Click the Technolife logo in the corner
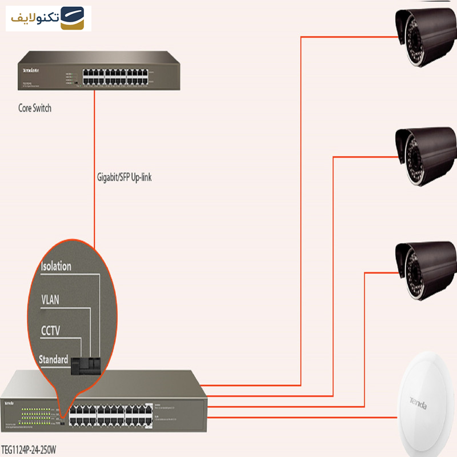tap(49, 18)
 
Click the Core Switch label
tap(35, 108)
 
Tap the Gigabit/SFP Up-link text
tap(124, 178)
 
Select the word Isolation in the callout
tap(56, 266)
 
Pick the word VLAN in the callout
tap(50, 299)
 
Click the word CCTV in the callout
tap(51, 330)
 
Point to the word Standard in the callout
tap(54, 360)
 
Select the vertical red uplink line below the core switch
tap(95, 171)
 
